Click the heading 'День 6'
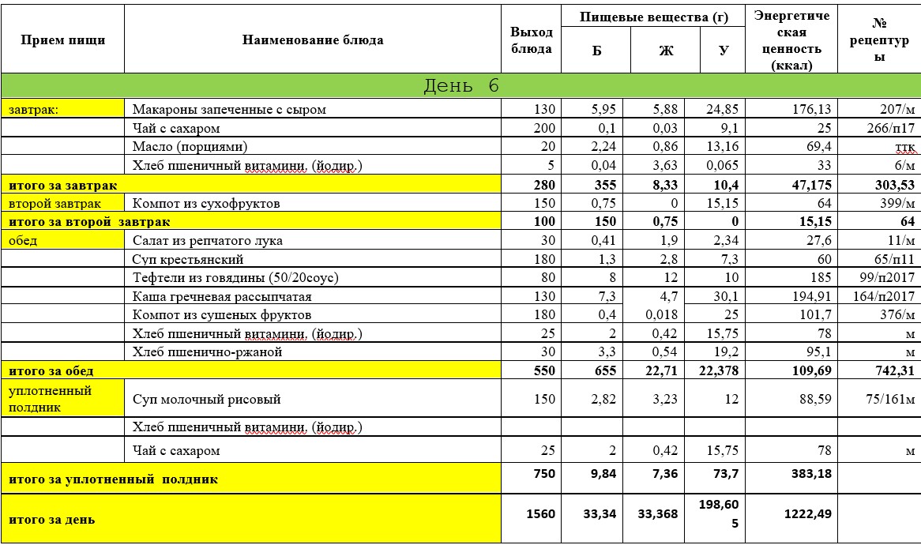(461, 86)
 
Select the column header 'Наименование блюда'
(313, 39)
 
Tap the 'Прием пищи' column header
(62, 39)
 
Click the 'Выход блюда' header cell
(531, 40)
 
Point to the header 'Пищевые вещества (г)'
(652, 17)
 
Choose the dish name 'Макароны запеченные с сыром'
(229, 110)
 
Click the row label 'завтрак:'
(30, 110)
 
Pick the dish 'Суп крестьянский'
(188, 259)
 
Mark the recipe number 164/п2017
(884, 297)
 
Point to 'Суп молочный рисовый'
(207, 400)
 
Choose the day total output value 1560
(540, 513)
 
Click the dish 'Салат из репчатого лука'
(208, 241)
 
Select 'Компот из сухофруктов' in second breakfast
(207, 204)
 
